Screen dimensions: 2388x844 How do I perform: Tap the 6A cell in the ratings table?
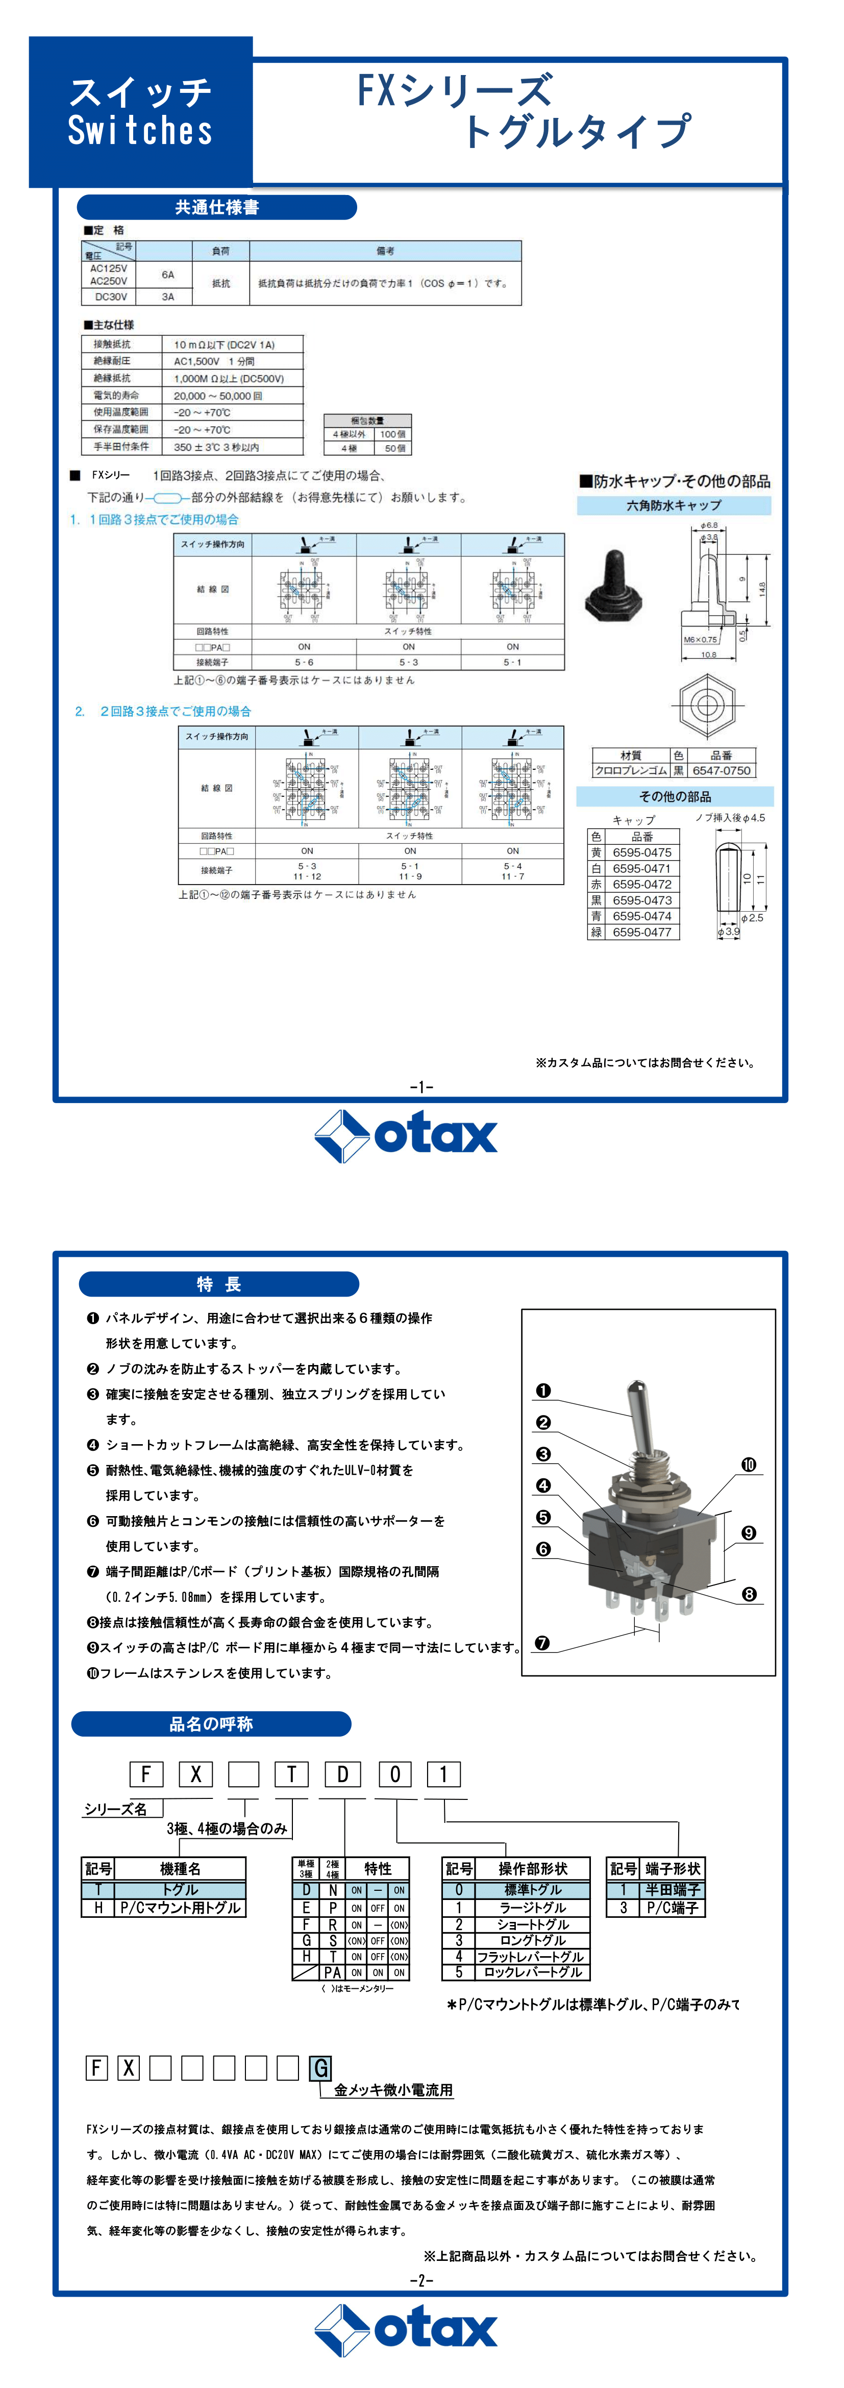coord(168,275)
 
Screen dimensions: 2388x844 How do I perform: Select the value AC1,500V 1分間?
coord(214,361)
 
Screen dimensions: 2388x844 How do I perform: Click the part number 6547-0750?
coord(721,770)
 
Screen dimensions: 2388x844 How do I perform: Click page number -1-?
coord(421,1086)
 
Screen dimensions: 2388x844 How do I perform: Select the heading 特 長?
coord(218,1284)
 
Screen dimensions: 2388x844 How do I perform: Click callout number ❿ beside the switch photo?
coord(749,1465)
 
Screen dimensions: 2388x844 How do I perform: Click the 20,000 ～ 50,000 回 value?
coord(218,396)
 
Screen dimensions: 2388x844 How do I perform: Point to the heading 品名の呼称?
coord(211,1723)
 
